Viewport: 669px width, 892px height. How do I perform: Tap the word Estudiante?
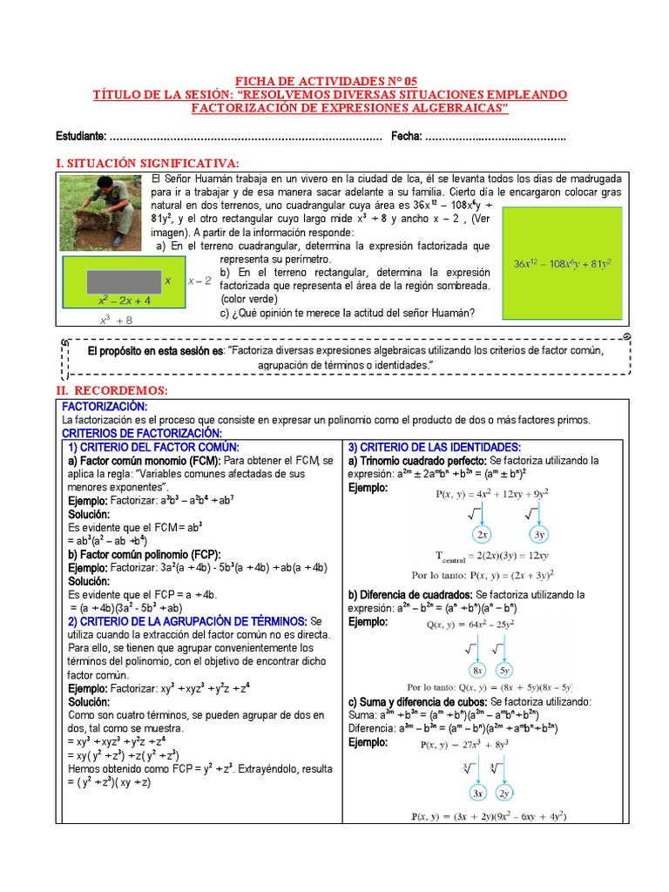point(79,137)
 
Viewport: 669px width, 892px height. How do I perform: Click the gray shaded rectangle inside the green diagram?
point(121,280)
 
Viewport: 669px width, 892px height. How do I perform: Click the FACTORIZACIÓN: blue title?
point(105,407)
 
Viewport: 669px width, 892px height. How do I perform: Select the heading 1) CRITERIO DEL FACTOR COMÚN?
point(153,447)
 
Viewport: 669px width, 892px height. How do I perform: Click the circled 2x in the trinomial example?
point(481,534)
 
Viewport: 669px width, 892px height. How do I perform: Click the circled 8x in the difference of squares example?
point(478,670)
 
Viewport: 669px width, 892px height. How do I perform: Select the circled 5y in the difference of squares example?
point(507,670)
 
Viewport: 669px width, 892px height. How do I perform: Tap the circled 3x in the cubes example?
point(477,794)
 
